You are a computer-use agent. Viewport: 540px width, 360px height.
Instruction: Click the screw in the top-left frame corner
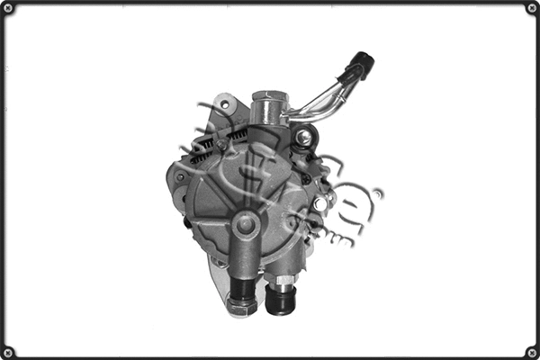[8, 8]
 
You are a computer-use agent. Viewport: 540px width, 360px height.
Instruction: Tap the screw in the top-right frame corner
[532, 8]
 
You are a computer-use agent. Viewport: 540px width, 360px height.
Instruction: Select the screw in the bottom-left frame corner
[8, 352]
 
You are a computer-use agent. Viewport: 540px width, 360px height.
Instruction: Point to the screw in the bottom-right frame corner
[532, 352]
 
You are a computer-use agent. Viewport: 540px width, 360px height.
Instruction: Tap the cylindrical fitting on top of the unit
[267, 110]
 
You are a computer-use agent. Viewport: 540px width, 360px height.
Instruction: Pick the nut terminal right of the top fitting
[304, 138]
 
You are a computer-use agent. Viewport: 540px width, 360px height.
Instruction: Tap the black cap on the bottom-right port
[281, 301]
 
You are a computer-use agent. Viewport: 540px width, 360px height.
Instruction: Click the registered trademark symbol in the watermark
[378, 193]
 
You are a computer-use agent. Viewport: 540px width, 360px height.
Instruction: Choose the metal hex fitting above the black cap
[283, 280]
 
